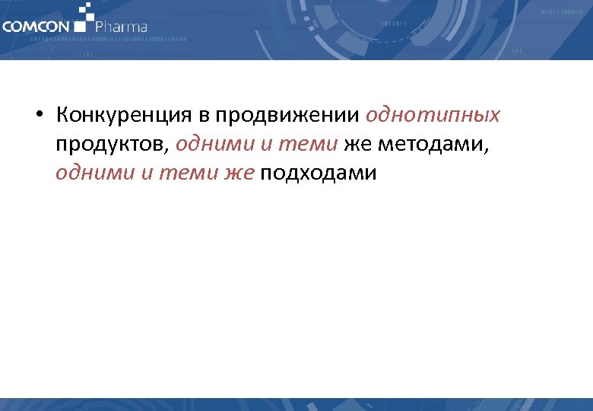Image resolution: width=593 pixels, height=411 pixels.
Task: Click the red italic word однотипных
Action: pyautogui.click(x=433, y=116)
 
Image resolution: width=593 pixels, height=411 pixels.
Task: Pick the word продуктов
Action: pyautogui.click(x=112, y=145)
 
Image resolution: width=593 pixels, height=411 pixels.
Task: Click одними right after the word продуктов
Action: pyautogui.click(x=206, y=144)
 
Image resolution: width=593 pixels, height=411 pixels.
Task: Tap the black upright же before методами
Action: pyautogui.click(x=357, y=144)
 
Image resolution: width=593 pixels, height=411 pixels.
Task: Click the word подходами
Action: pyautogui.click(x=318, y=173)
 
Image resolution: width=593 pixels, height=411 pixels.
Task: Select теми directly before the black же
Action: pyautogui.click(x=309, y=144)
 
